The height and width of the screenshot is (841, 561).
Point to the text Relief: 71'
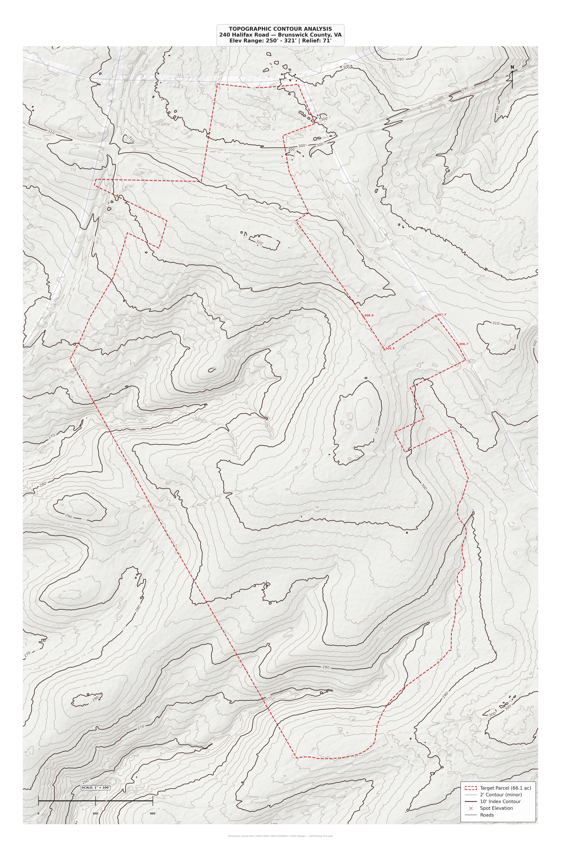pyautogui.click(x=317, y=41)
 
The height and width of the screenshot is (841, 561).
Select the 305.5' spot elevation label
pyautogui.click(x=390, y=348)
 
